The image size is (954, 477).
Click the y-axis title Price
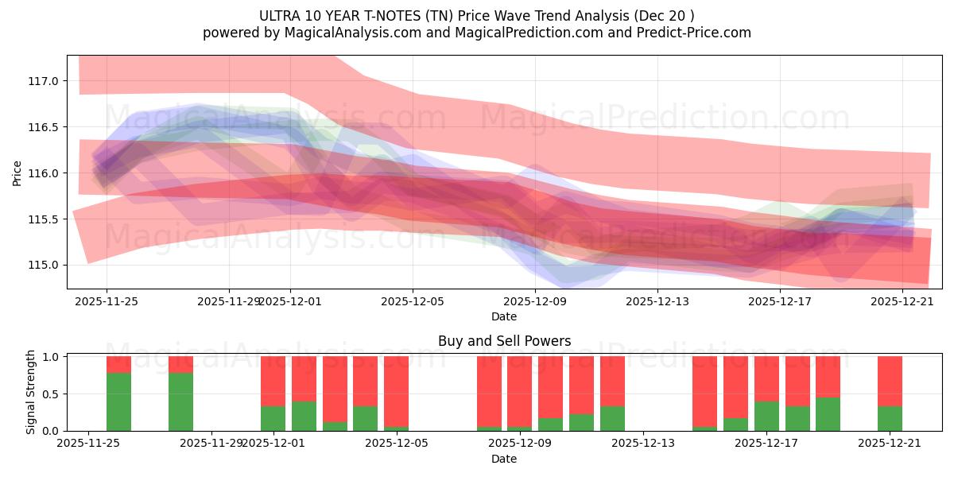17,173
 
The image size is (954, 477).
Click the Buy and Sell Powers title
504,341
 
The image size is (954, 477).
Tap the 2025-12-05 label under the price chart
412,301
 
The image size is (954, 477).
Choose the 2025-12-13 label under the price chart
657,301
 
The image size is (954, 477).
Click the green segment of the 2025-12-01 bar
273,418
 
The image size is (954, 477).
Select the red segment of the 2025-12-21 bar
890,381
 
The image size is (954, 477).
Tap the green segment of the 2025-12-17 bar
766,416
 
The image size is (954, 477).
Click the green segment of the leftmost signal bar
118,401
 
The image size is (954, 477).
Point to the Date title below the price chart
504,316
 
